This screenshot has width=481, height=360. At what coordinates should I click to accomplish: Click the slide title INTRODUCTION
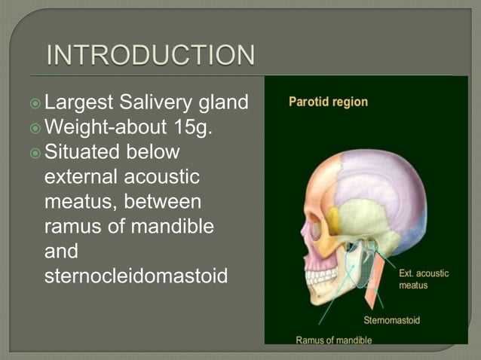(x=150, y=56)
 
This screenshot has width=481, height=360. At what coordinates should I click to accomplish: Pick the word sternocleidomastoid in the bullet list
(x=136, y=274)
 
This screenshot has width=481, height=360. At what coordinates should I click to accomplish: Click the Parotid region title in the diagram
(x=329, y=101)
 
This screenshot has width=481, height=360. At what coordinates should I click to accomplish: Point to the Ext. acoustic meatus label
(x=423, y=279)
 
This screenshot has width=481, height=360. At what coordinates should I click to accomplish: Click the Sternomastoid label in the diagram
(x=391, y=320)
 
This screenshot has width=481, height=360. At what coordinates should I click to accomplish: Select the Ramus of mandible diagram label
(x=333, y=340)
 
